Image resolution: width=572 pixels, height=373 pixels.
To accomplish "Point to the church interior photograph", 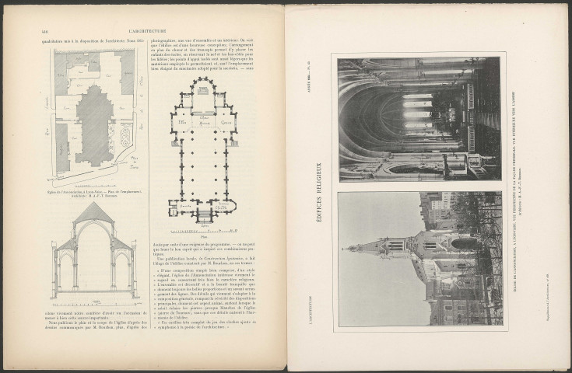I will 419,119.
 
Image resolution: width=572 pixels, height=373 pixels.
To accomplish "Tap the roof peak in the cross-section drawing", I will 93,204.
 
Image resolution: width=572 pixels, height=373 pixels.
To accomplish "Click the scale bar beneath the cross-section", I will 93,298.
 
